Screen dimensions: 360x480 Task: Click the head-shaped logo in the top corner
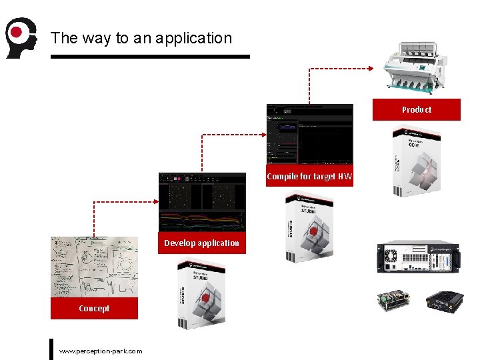[19, 37]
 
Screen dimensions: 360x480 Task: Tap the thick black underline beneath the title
[150, 57]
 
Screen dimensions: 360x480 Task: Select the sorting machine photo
[417, 66]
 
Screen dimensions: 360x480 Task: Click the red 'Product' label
[416, 109]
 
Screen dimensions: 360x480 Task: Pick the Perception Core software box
[416, 161]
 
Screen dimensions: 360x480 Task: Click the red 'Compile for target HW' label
[309, 177]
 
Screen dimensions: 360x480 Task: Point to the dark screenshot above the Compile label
[309, 134]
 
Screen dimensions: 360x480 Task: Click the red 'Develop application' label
[201, 243]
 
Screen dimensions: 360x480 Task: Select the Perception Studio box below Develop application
[201, 293]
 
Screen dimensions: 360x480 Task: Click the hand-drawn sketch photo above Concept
[94, 267]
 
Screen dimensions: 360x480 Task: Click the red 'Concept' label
[94, 308]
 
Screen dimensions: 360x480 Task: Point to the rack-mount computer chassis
[415, 257]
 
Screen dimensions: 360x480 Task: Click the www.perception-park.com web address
[101, 351]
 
